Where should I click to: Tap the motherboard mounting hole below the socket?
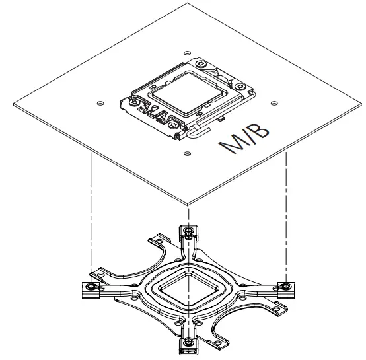pos(187,153)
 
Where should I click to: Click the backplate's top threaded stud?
pos(188,232)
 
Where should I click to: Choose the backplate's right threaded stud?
pos(285,286)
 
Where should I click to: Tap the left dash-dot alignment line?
pos(91,211)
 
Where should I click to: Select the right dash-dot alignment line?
pos(285,211)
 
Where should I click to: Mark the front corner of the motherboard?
pos(188,202)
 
